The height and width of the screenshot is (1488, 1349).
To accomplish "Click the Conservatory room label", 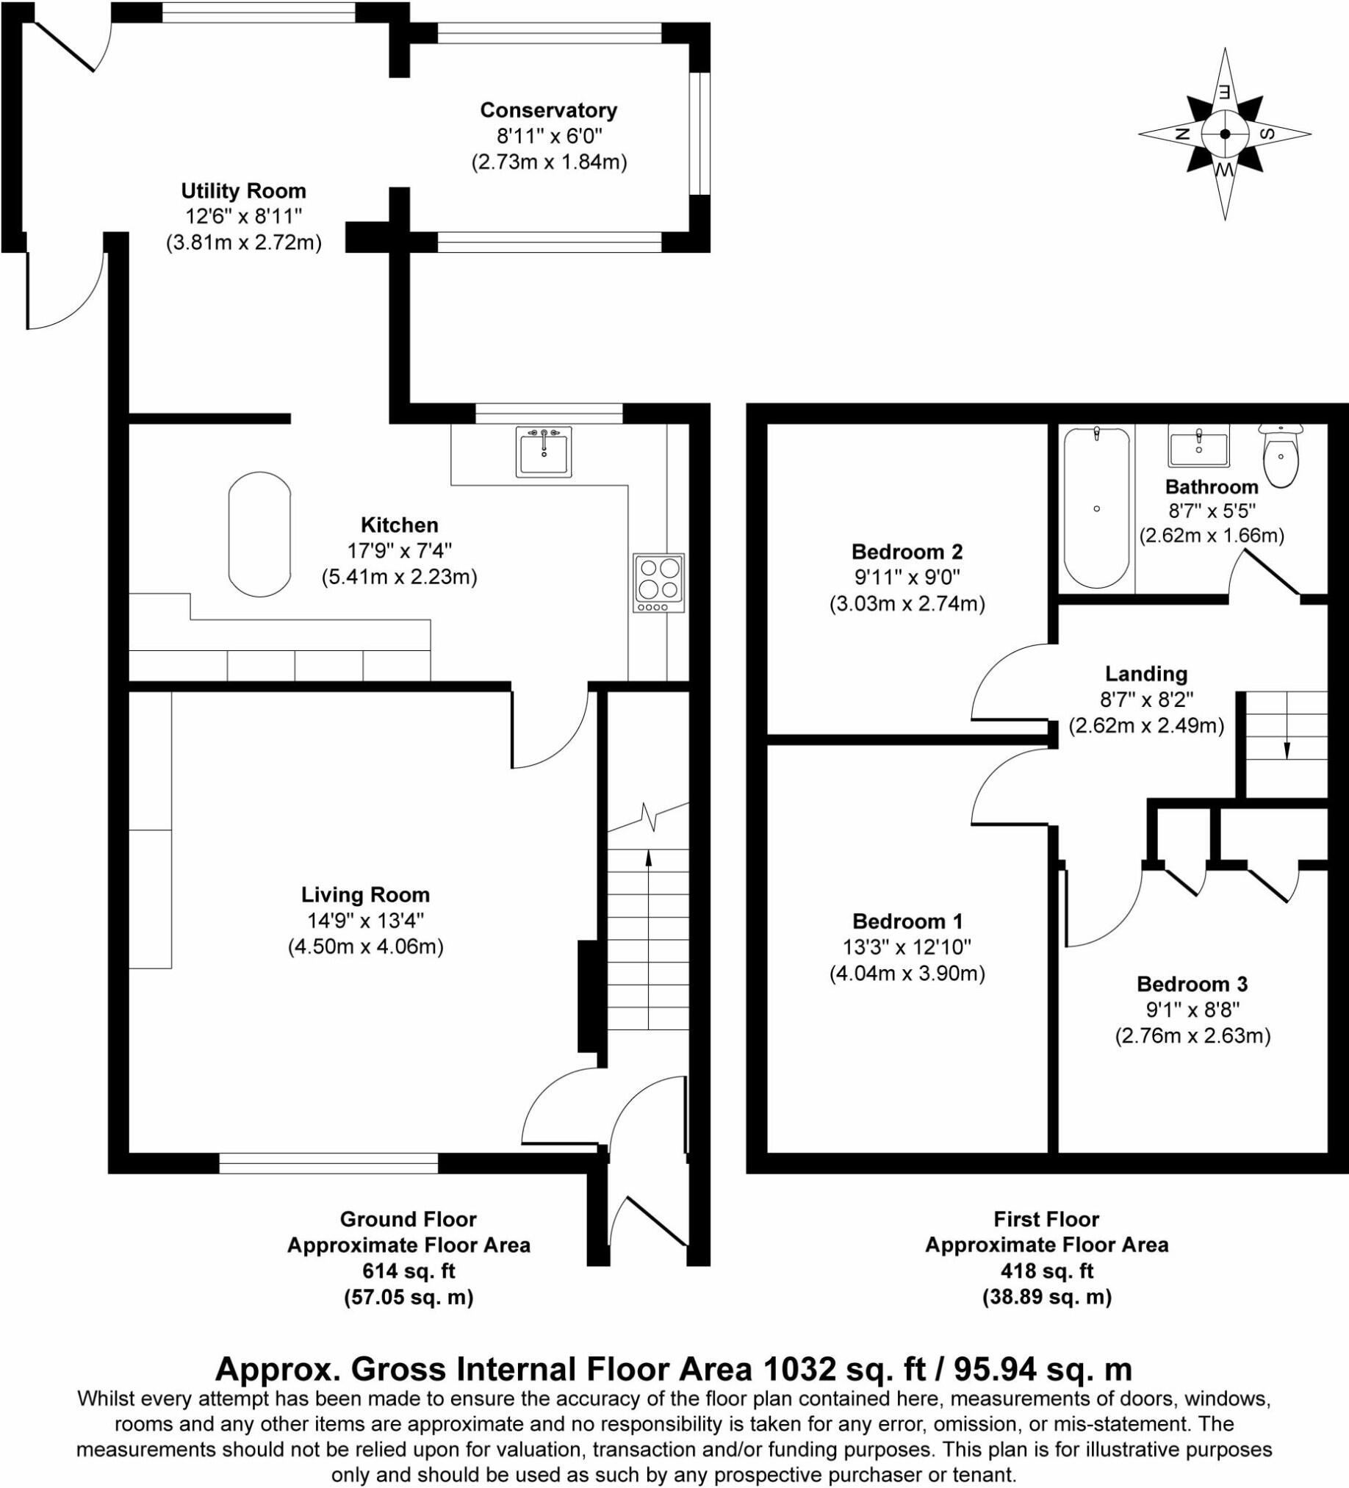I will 548,110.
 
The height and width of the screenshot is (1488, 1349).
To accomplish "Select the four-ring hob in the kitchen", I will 658,583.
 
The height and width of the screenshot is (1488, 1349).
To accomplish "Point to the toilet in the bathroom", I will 1281,456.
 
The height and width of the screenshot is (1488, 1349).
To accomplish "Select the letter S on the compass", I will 1267,134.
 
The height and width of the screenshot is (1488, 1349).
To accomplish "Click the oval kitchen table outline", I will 259,533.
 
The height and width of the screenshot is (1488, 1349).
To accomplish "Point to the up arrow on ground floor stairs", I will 648,856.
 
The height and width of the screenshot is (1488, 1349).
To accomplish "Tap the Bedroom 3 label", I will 1192,984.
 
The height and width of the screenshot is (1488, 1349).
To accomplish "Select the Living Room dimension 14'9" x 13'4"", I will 365,921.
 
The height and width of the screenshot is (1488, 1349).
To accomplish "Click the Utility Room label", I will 243,191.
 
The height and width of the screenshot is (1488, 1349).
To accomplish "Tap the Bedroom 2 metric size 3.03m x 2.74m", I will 907,604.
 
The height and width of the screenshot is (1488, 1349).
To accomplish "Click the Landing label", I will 1146,674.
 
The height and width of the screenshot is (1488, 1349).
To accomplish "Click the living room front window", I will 328,1163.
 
